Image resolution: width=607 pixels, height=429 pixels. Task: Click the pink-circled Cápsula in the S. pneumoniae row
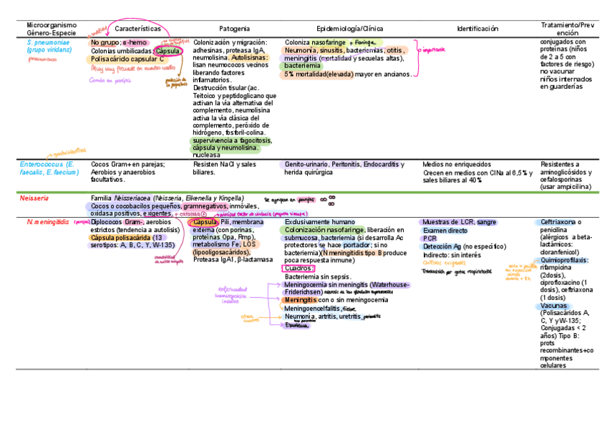click(x=168, y=52)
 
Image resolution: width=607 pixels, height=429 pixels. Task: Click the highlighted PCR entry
click(x=429, y=238)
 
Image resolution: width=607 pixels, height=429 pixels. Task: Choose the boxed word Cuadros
click(x=298, y=268)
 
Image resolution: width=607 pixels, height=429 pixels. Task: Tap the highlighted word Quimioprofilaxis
click(x=565, y=240)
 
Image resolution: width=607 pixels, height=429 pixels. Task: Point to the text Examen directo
click(x=445, y=231)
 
